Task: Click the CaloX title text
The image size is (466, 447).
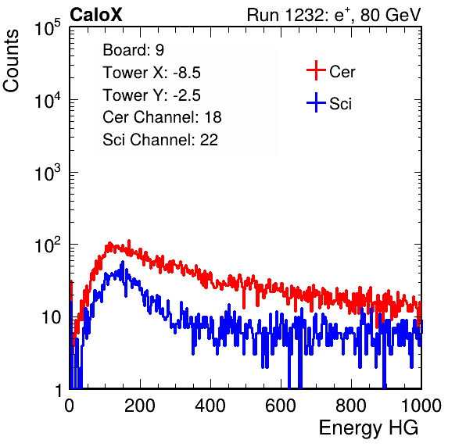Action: (96, 15)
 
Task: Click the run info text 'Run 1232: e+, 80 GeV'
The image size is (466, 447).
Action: (334, 15)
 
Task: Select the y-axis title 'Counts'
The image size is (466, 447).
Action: (11, 61)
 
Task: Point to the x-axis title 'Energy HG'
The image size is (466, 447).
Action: (368, 428)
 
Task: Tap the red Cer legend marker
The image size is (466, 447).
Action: (316, 70)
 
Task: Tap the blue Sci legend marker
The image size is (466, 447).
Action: (316, 102)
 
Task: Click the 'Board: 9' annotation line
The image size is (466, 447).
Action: (133, 50)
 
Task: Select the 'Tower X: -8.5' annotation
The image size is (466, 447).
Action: (152, 73)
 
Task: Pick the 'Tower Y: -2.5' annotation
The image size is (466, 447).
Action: (152, 95)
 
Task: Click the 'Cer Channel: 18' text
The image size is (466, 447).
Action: (162, 117)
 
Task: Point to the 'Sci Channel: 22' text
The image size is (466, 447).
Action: (160, 140)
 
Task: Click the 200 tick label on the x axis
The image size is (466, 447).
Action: (140, 406)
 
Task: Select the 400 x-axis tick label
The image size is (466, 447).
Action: (210, 406)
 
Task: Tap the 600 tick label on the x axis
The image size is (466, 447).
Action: (281, 406)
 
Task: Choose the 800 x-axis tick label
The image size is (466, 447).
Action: (351, 406)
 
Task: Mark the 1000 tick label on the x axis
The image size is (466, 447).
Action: (421, 406)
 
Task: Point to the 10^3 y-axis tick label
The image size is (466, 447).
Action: (48, 173)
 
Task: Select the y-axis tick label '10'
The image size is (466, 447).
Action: (51, 317)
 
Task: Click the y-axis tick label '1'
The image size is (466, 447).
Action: (58, 390)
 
